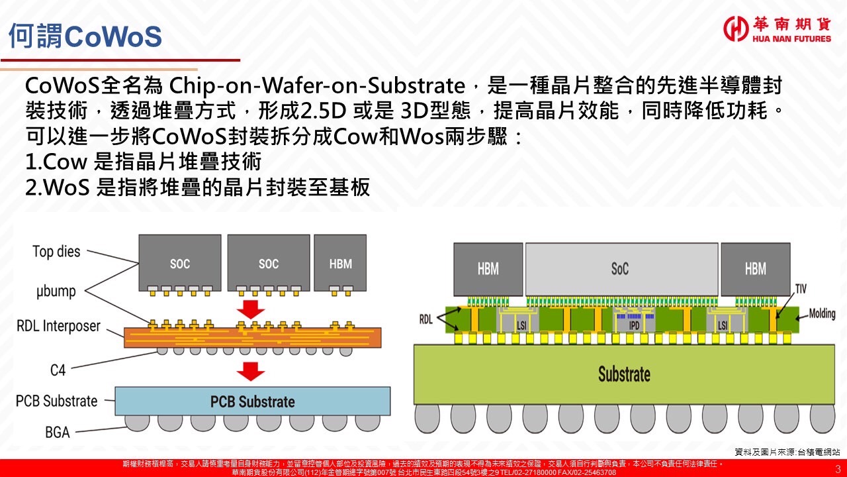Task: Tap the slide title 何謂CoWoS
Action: pyautogui.click(x=85, y=37)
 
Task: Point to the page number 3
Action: pyautogui.click(x=838, y=468)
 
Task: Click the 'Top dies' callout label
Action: pyautogui.click(x=56, y=252)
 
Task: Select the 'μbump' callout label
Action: pyautogui.click(x=56, y=291)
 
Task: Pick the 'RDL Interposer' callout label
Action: pyautogui.click(x=59, y=326)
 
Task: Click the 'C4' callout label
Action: pyautogui.click(x=58, y=370)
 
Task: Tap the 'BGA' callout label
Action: pyautogui.click(x=58, y=432)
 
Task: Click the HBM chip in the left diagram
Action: pyautogui.click(x=340, y=264)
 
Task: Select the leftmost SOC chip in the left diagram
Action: pyautogui.click(x=179, y=264)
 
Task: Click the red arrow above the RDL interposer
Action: pyautogui.click(x=251, y=309)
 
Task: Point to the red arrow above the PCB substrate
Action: pyautogui.click(x=251, y=371)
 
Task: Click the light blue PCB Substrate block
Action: pyautogui.click(x=252, y=401)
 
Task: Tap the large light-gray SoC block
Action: pyautogui.click(x=620, y=268)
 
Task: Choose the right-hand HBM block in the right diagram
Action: pyautogui.click(x=755, y=268)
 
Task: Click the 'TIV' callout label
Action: pyautogui.click(x=801, y=290)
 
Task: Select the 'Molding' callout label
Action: pyautogui.click(x=822, y=313)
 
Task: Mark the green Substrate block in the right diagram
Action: pyautogui.click(x=624, y=374)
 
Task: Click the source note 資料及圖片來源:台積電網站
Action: pyautogui.click(x=787, y=452)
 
